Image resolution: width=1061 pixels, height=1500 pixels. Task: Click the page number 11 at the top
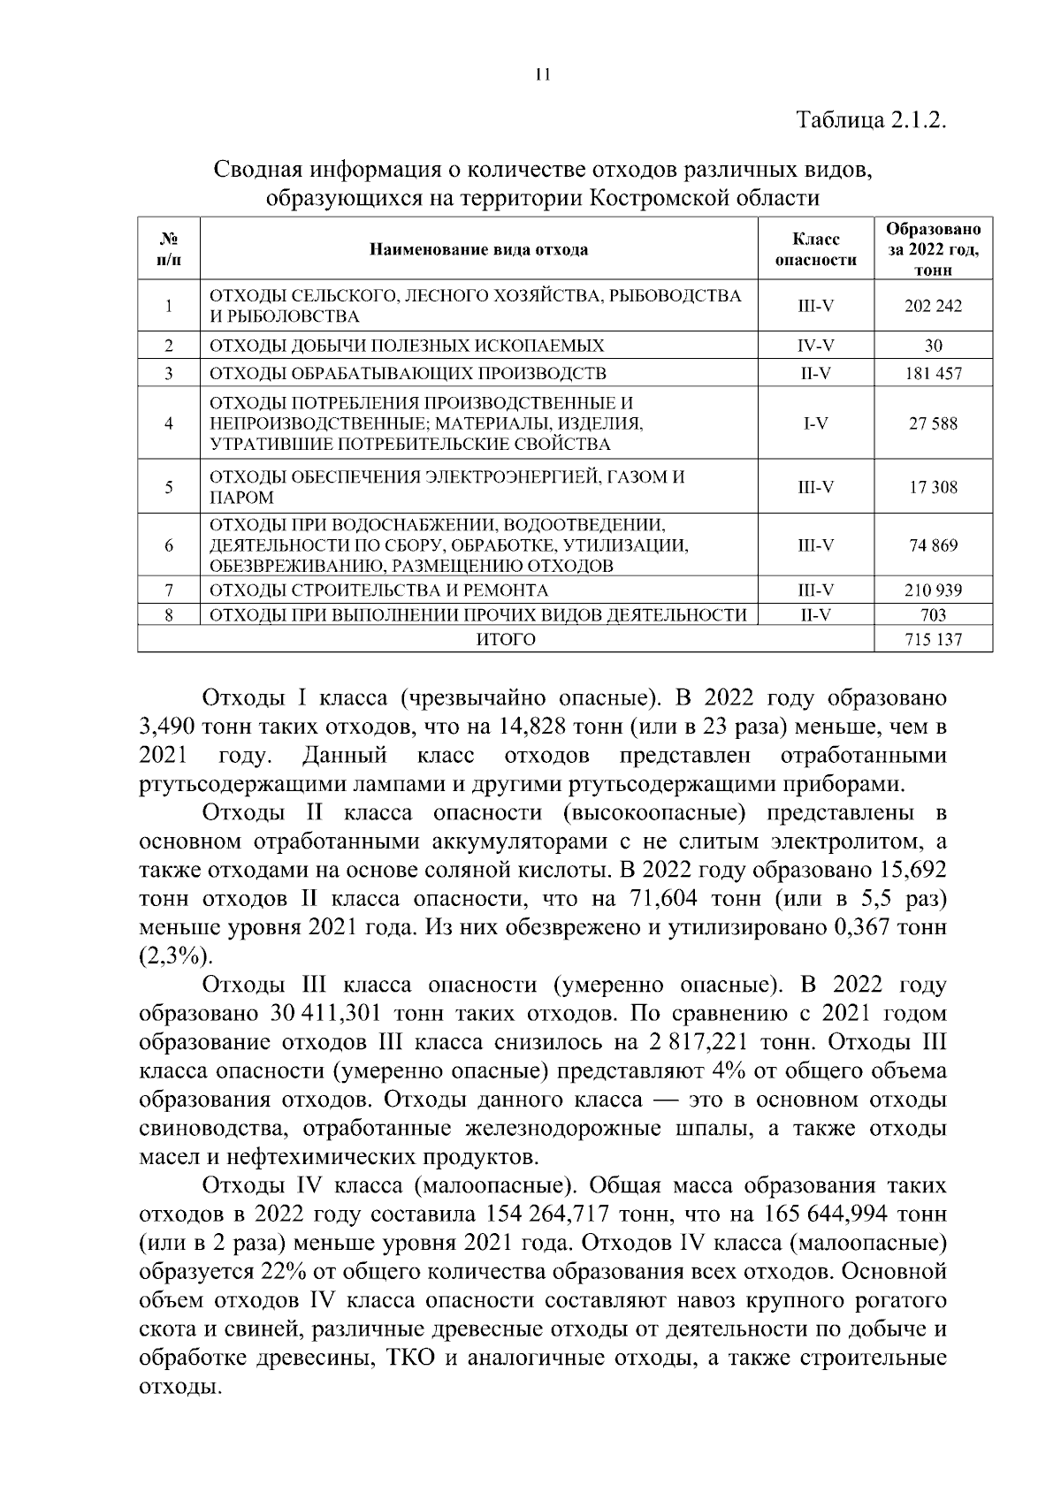pyautogui.click(x=543, y=75)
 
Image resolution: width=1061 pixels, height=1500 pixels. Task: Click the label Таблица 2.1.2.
pyautogui.click(x=872, y=119)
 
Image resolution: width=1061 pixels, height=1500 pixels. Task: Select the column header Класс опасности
pyautogui.click(x=815, y=249)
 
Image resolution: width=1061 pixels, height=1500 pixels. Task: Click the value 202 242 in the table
pyautogui.click(x=933, y=306)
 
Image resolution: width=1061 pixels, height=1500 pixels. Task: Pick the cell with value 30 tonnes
pyautogui.click(x=933, y=346)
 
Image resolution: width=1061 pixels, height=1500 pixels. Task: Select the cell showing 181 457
pyautogui.click(x=933, y=373)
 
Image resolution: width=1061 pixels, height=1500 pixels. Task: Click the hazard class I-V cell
pyautogui.click(x=815, y=423)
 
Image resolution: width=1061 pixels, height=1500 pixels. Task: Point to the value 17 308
pyautogui.click(x=933, y=487)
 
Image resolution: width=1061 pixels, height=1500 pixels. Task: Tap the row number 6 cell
pyautogui.click(x=168, y=545)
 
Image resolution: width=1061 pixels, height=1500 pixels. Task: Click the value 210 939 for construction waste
pyautogui.click(x=933, y=590)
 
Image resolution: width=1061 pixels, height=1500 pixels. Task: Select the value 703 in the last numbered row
pyautogui.click(x=933, y=615)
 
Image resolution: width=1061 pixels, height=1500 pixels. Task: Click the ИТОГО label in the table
pyautogui.click(x=506, y=639)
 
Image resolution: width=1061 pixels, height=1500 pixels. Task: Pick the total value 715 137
pyautogui.click(x=933, y=639)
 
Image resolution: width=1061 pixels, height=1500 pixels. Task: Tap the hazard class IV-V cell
pyautogui.click(x=815, y=346)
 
